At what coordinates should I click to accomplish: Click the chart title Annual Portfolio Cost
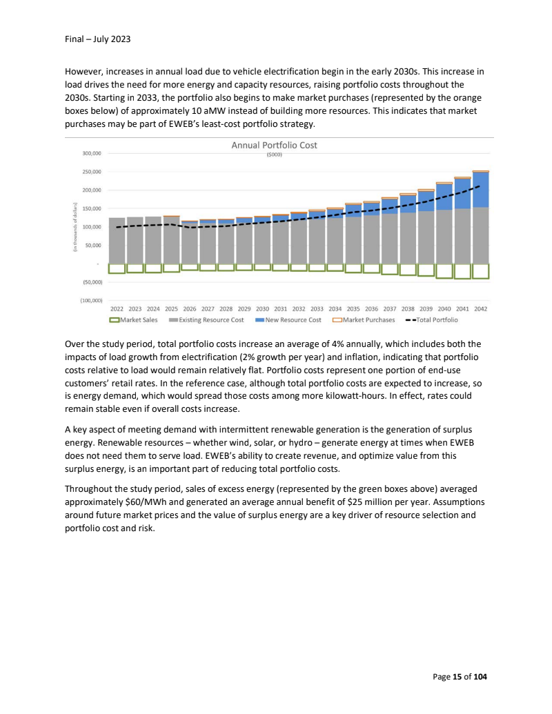click(x=274, y=146)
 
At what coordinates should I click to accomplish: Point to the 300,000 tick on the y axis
click(x=92, y=153)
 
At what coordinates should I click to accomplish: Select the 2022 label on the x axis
click(x=117, y=309)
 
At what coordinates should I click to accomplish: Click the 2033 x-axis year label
click(x=317, y=309)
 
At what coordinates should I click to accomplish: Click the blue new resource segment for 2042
click(x=481, y=190)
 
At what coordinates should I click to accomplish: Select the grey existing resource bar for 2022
click(x=117, y=241)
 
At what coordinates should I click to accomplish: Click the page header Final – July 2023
click(x=97, y=39)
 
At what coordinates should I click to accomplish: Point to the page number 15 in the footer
click(x=457, y=677)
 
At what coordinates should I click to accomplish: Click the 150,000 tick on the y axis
click(x=92, y=208)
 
